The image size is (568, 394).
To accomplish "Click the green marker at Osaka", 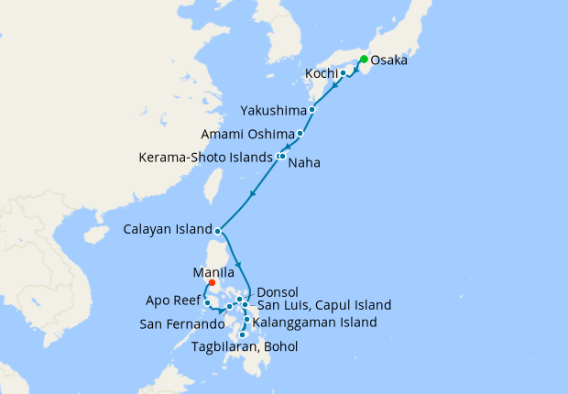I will pos(364,60).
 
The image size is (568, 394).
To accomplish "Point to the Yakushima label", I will pos(272,110).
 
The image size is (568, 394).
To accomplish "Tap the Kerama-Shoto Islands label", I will pos(206,157).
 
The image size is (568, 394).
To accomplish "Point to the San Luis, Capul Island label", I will pos(323,304).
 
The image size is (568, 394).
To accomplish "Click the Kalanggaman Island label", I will pos(314,322).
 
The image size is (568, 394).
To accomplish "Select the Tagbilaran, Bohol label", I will pos(245,345).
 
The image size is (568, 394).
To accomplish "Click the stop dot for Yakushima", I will pos(312,110).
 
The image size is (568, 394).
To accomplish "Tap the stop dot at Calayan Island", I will pos(217,230).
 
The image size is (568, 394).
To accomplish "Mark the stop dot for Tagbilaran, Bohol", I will pos(242,334).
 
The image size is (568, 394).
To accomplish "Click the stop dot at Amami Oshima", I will pos(300,134).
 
